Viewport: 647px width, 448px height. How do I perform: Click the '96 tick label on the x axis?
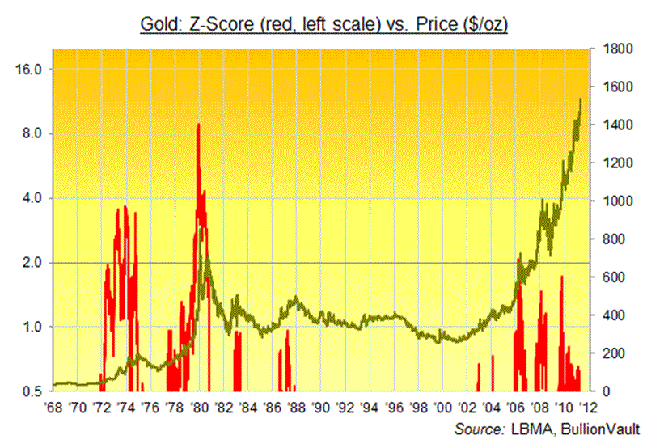[x=394, y=406]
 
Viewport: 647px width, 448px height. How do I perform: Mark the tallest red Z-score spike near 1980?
[x=199, y=124]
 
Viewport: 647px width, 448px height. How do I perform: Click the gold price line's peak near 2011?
[x=580, y=99]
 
